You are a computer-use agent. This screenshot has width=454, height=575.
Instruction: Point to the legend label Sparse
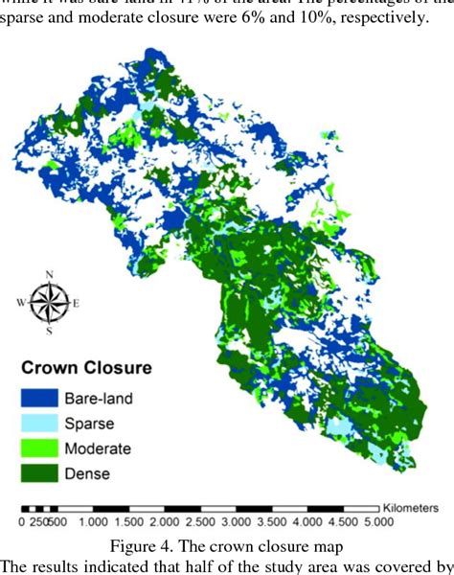pyautogui.click(x=88, y=423)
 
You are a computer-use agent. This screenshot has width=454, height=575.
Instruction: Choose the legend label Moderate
pyautogui.click(x=97, y=448)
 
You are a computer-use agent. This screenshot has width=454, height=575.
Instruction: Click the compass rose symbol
pyautogui.click(x=48, y=303)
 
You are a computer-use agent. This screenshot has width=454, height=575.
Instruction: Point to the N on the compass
pyautogui.click(x=48, y=274)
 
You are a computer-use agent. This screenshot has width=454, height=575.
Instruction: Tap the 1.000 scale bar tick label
pyautogui.click(x=94, y=523)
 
